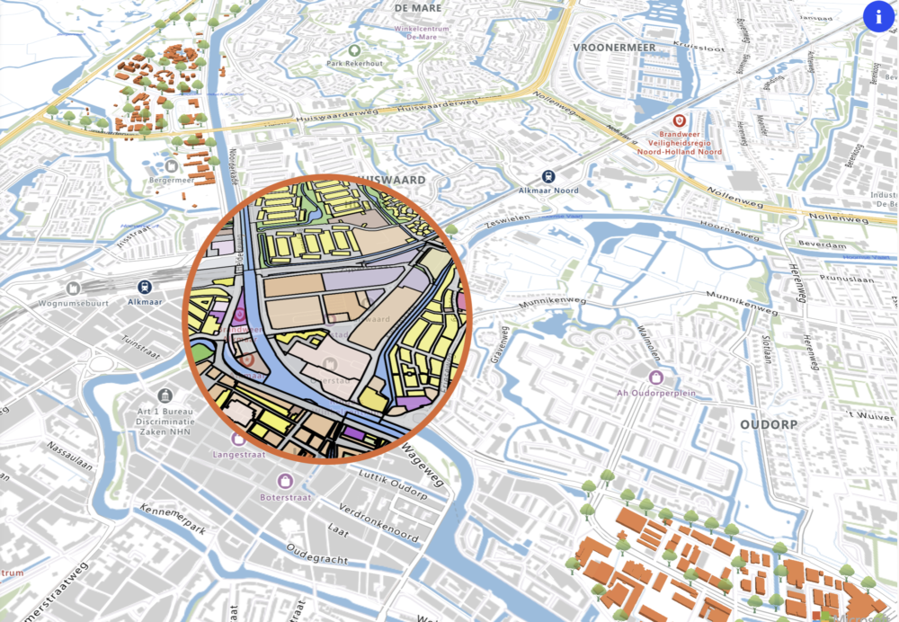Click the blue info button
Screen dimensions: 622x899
[878, 15]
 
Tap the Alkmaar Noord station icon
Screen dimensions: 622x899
[547, 177]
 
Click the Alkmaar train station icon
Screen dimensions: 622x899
[144, 287]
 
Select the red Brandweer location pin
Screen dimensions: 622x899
[681, 120]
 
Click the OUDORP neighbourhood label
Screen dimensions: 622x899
[770, 424]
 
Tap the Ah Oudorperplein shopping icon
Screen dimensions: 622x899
[657, 377]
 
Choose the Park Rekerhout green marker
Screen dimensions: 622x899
[354, 50]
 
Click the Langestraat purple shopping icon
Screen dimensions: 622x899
[238, 440]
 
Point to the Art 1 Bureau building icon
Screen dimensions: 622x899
[165, 395]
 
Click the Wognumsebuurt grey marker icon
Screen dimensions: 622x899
[73, 289]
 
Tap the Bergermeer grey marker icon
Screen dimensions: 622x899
[171, 166]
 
